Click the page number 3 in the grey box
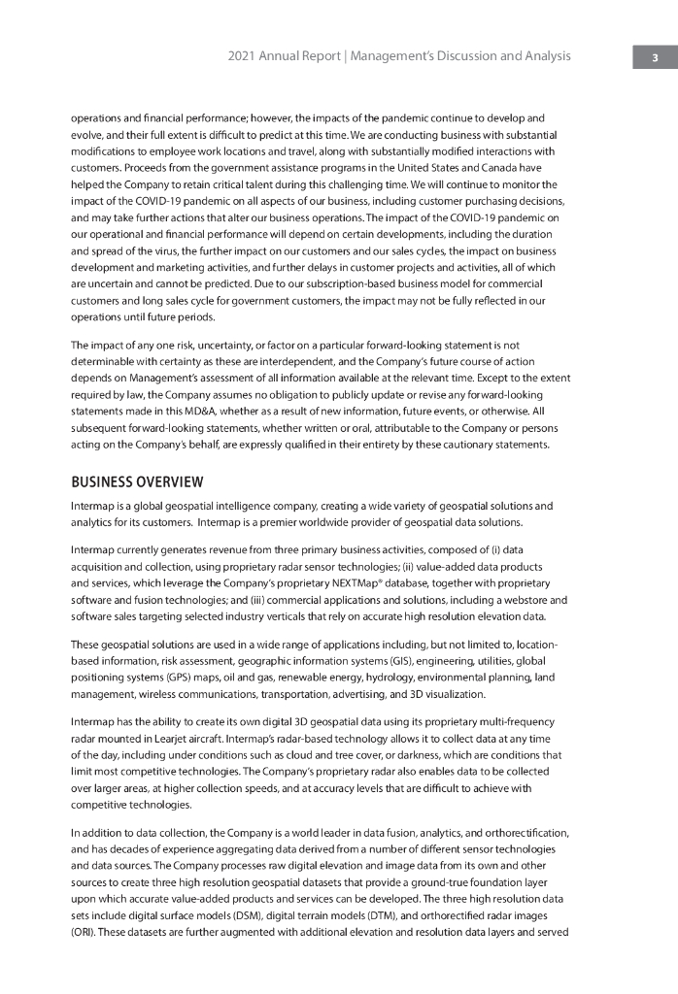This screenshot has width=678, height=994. [656, 57]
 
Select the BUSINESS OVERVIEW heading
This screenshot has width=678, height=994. [137, 481]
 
